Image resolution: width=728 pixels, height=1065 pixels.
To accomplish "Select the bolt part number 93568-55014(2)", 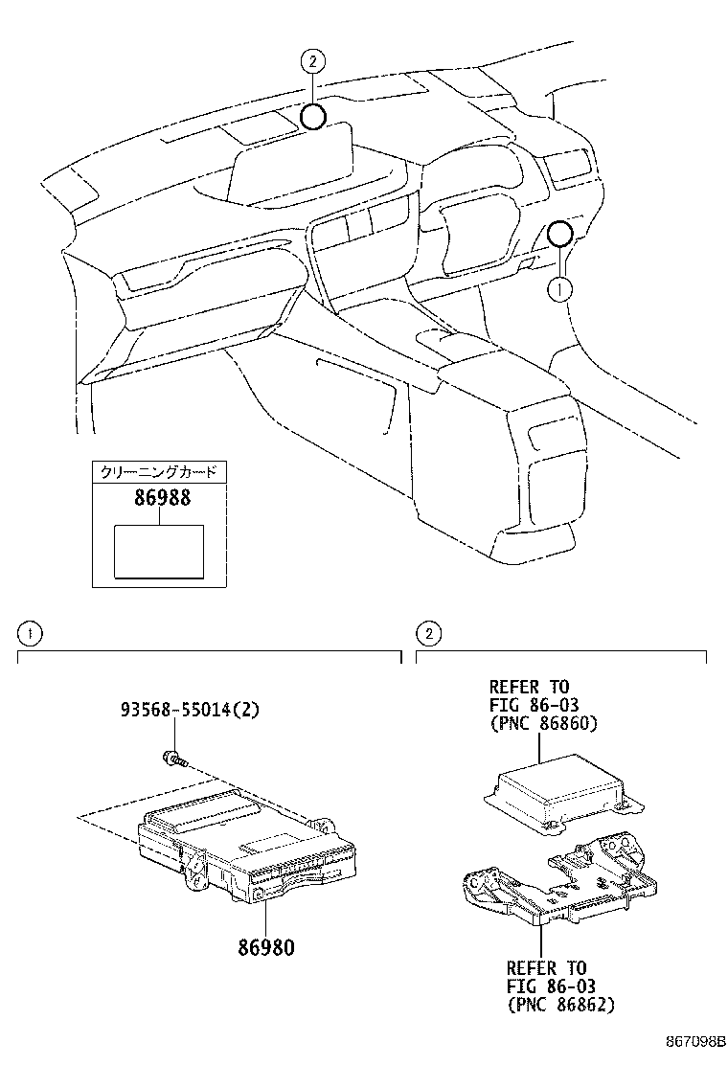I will pos(191,710).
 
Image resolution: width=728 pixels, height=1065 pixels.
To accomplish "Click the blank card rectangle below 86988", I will pos(158,552).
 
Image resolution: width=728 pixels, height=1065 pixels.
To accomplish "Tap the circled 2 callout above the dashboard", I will pos(312,62).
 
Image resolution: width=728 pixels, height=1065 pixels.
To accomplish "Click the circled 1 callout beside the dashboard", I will pos(561,285).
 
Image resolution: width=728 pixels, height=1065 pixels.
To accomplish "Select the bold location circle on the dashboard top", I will pos(313,117).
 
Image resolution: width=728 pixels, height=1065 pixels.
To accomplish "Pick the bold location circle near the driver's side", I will pos(561,232).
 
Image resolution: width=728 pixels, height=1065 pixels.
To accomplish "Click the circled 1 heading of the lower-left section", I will pos(31,633).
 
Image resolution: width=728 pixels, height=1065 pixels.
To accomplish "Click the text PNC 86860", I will pos(543,723).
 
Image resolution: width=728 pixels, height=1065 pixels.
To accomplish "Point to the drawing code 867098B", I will pos(694,1040).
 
